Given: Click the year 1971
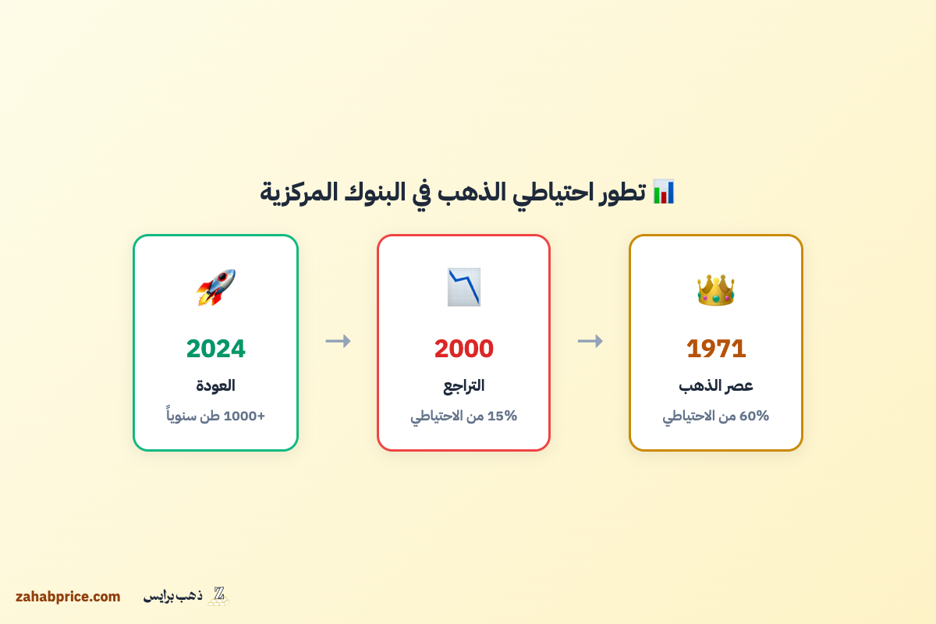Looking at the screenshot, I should [716, 349].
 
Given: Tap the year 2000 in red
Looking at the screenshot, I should [464, 349].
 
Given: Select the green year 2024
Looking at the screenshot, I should [215, 349].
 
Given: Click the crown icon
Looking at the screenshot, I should [716, 289].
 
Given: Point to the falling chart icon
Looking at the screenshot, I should [464, 287].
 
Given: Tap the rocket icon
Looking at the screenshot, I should [215, 287].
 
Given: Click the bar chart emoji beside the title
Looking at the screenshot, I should [664, 191].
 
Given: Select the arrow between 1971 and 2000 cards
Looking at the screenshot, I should [590, 341].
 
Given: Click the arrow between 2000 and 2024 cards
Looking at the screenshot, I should [338, 341].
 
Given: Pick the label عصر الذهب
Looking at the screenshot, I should [716, 385].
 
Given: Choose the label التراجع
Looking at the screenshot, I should [464, 385].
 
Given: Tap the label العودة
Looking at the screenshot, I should [215, 385].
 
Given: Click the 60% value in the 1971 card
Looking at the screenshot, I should [754, 416].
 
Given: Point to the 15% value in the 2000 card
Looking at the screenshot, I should [502, 416].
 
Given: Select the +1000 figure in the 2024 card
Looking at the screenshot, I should [244, 416].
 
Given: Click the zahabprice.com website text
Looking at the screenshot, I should [68, 597].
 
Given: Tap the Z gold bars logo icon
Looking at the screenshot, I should [218, 596].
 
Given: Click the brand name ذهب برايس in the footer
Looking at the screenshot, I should [172, 596].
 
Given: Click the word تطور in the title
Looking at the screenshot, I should [622, 192].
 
